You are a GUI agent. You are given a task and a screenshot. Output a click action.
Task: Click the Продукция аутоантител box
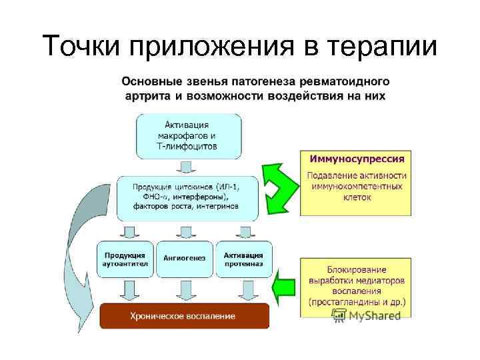tap(125, 259)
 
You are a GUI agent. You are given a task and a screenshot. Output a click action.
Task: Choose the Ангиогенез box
tap(185, 259)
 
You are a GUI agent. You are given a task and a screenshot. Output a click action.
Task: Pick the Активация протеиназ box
tap(243, 259)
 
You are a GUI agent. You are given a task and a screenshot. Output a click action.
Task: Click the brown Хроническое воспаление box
tap(185, 315)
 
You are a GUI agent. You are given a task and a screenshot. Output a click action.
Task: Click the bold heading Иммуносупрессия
tap(356, 159)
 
